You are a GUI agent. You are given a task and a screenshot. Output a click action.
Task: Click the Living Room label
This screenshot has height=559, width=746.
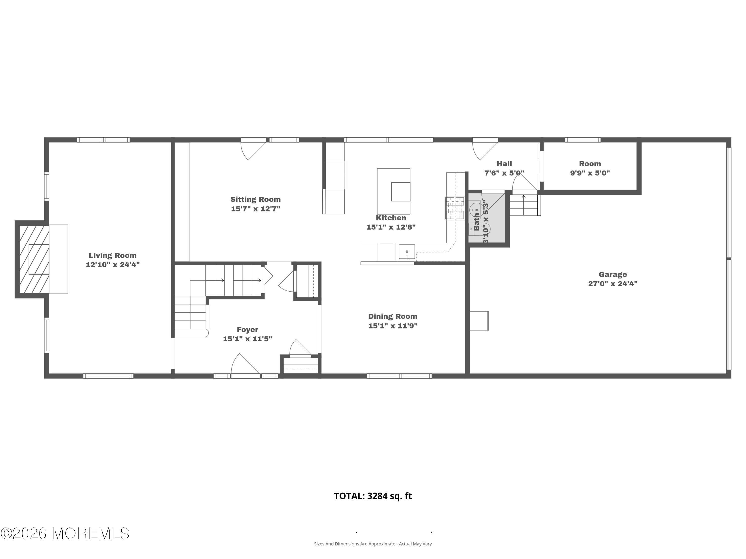point(112,255)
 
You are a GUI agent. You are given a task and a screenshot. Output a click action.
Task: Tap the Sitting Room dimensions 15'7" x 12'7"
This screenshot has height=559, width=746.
point(255,209)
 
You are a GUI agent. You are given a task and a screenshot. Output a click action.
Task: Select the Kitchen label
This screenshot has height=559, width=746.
point(391,218)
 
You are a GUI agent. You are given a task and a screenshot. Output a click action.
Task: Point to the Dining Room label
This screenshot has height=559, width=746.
point(393,317)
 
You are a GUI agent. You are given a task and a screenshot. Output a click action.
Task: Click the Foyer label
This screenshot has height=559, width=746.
point(247,329)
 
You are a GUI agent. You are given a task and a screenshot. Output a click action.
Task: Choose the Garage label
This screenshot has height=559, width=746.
point(612,275)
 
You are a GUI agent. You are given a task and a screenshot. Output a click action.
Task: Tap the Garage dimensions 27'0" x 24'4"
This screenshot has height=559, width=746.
point(612,284)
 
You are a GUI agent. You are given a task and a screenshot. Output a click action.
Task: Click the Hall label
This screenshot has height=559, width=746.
point(504,164)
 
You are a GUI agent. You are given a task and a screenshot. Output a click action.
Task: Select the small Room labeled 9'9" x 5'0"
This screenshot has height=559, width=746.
point(590,168)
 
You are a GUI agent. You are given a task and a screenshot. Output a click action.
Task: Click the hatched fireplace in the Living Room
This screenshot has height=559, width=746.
point(34,259)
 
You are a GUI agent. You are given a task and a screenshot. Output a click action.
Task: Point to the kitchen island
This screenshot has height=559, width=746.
point(394,191)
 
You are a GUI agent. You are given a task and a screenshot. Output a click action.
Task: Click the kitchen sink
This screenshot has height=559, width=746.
point(407,252)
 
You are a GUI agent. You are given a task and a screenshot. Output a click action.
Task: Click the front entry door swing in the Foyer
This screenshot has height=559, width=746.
point(245,364)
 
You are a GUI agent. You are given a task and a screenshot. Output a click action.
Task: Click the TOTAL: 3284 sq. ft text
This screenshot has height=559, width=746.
point(373,496)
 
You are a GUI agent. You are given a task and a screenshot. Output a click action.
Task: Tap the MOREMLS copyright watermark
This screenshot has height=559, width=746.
point(65,533)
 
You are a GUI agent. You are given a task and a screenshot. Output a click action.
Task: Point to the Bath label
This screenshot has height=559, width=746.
point(476,221)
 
